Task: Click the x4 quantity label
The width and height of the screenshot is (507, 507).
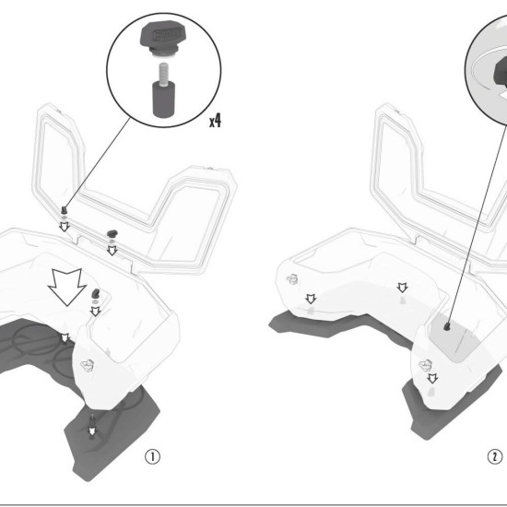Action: coord(216,122)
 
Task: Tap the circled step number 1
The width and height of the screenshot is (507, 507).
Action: coord(152,456)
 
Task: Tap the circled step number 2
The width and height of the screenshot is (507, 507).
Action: coord(495,457)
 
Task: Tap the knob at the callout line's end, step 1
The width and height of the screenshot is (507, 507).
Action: coord(65,210)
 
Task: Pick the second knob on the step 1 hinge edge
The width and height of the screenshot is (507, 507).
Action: coord(112,233)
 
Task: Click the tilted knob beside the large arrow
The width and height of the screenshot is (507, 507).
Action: coord(96,294)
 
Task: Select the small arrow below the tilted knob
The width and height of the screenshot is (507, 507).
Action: coord(95,312)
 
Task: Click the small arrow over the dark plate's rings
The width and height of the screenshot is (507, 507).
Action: coord(65,338)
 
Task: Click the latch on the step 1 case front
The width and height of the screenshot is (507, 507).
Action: coord(88,365)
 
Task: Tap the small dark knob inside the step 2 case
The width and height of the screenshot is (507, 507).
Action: coord(447,326)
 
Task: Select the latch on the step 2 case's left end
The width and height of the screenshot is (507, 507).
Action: coord(292,278)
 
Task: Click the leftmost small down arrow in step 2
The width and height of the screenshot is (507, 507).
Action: coord(311,299)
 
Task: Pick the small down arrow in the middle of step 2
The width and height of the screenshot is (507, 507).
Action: coord(402,288)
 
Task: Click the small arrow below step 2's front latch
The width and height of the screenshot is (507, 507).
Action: coord(432,378)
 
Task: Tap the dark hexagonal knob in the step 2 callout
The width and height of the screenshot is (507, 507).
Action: coord(501,72)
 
